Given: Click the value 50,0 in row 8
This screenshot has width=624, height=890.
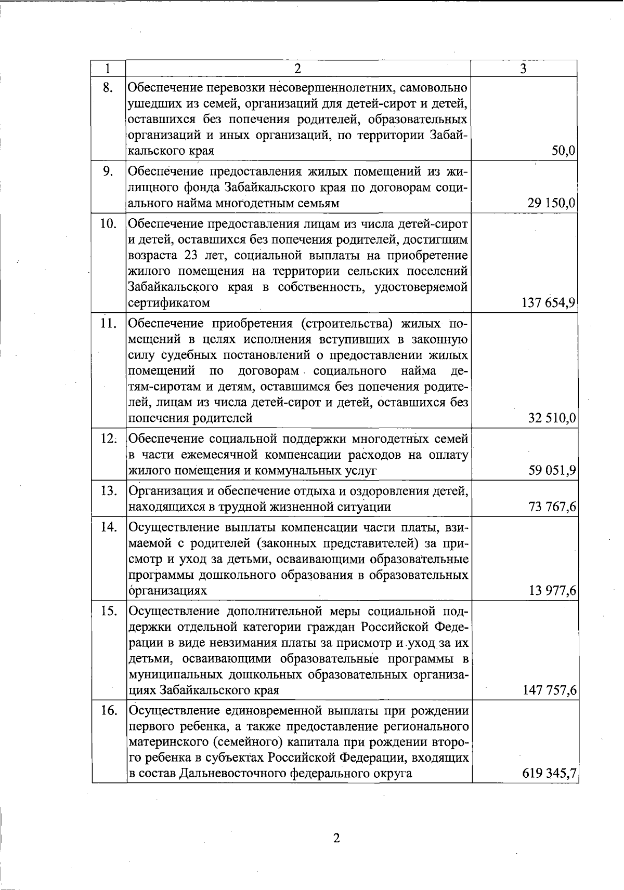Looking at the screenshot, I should click(563, 151).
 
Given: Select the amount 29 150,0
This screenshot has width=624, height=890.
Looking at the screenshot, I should click(551, 204).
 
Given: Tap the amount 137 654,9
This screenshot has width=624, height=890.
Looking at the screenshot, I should click(548, 303).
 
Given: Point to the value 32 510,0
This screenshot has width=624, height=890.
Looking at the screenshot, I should click(552, 418).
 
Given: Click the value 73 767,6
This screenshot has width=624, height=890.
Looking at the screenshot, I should click(552, 507).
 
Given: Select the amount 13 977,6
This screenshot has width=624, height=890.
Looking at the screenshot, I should click(552, 591).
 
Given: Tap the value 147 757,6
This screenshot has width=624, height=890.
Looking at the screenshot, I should click(549, 690).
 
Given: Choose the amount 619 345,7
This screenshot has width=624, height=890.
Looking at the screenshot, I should click(549, 774).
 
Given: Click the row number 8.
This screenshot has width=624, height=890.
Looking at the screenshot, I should click(108, 87).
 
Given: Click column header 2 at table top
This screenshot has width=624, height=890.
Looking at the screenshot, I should click(297, 69).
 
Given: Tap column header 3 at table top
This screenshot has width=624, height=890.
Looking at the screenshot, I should click(524, 69).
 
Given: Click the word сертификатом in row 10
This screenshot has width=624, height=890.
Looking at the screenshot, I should click(169, 303).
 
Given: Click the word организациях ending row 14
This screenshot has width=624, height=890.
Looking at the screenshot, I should click(167, 591).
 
